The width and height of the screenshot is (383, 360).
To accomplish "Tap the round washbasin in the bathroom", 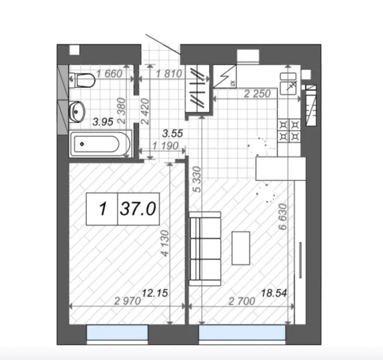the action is (x=77, y=112).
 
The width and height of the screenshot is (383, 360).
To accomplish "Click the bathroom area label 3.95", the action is (x=103, y=122).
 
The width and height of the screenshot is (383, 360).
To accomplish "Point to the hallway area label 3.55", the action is (x=173, y=134).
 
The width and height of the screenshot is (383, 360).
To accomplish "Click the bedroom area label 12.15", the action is (x=155, y=293).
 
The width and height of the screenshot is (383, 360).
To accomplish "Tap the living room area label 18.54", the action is (x=274, y=293).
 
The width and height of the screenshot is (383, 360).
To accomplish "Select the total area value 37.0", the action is (x=138, y=209).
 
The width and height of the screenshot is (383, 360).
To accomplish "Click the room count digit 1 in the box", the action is (x=103, y=209).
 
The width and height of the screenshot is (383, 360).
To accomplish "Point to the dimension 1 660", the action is (x=109, y=74).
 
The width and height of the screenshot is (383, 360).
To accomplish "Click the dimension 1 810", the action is (x=169, y=74).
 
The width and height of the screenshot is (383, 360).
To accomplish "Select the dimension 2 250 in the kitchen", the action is (x=257, y=94).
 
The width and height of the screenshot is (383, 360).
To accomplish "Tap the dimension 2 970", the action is (x=128, y=301).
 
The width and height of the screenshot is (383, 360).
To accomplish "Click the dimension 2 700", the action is (x=242, y=301).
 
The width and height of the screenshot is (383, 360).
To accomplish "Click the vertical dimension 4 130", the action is (x=165, y=243).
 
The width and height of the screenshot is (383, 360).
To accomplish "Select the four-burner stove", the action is (x=289, y=130).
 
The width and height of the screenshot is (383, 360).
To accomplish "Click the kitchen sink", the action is (x=288, y=84).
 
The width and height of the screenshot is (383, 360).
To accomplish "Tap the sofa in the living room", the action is (x=205, y=249).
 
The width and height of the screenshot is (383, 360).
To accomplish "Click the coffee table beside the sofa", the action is (x=241, y=248).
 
